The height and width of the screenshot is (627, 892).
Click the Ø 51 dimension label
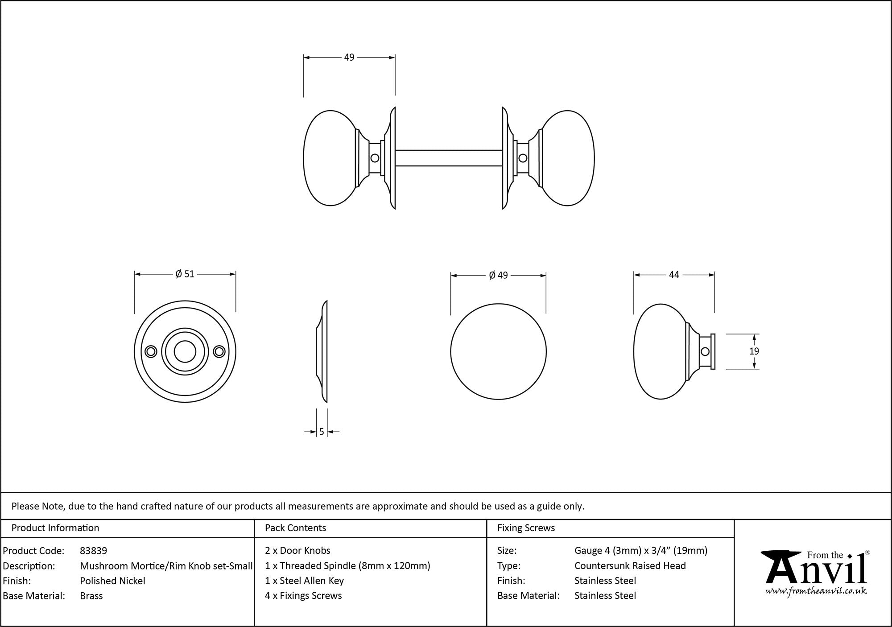[x=185, y=274]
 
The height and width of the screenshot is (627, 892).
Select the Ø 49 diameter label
[x=498, y=275]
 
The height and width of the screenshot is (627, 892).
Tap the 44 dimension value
[x=674, y=275]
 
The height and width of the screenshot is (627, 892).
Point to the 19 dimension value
[x=754, y=351]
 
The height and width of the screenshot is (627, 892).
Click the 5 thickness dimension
[x=322, y=432]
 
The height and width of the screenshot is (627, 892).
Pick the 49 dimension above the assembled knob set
[x=349, y=58]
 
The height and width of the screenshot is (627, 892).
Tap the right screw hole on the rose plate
[x=219, y=352]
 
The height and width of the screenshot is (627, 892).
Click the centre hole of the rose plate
[x=185, y=352]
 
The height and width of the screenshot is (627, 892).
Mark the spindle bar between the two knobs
[x=449, y=158]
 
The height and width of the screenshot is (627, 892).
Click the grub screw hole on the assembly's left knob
[x=375, y=158]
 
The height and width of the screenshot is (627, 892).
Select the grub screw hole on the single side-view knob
[x=705, y=351]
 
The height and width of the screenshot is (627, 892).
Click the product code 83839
[x=93, y=551]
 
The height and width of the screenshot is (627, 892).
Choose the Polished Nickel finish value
[x=112, y=581]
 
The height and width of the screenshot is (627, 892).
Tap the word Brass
[x=91, y=596]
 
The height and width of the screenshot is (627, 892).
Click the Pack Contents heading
[x=295, y=528]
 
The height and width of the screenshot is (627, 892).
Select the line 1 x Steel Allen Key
[x=304, y=581]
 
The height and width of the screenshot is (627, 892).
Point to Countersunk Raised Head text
[x=630, y=566]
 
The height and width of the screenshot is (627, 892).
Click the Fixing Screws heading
[x=526, y=528]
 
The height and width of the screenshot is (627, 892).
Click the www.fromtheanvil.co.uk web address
[x=816, y=591]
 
